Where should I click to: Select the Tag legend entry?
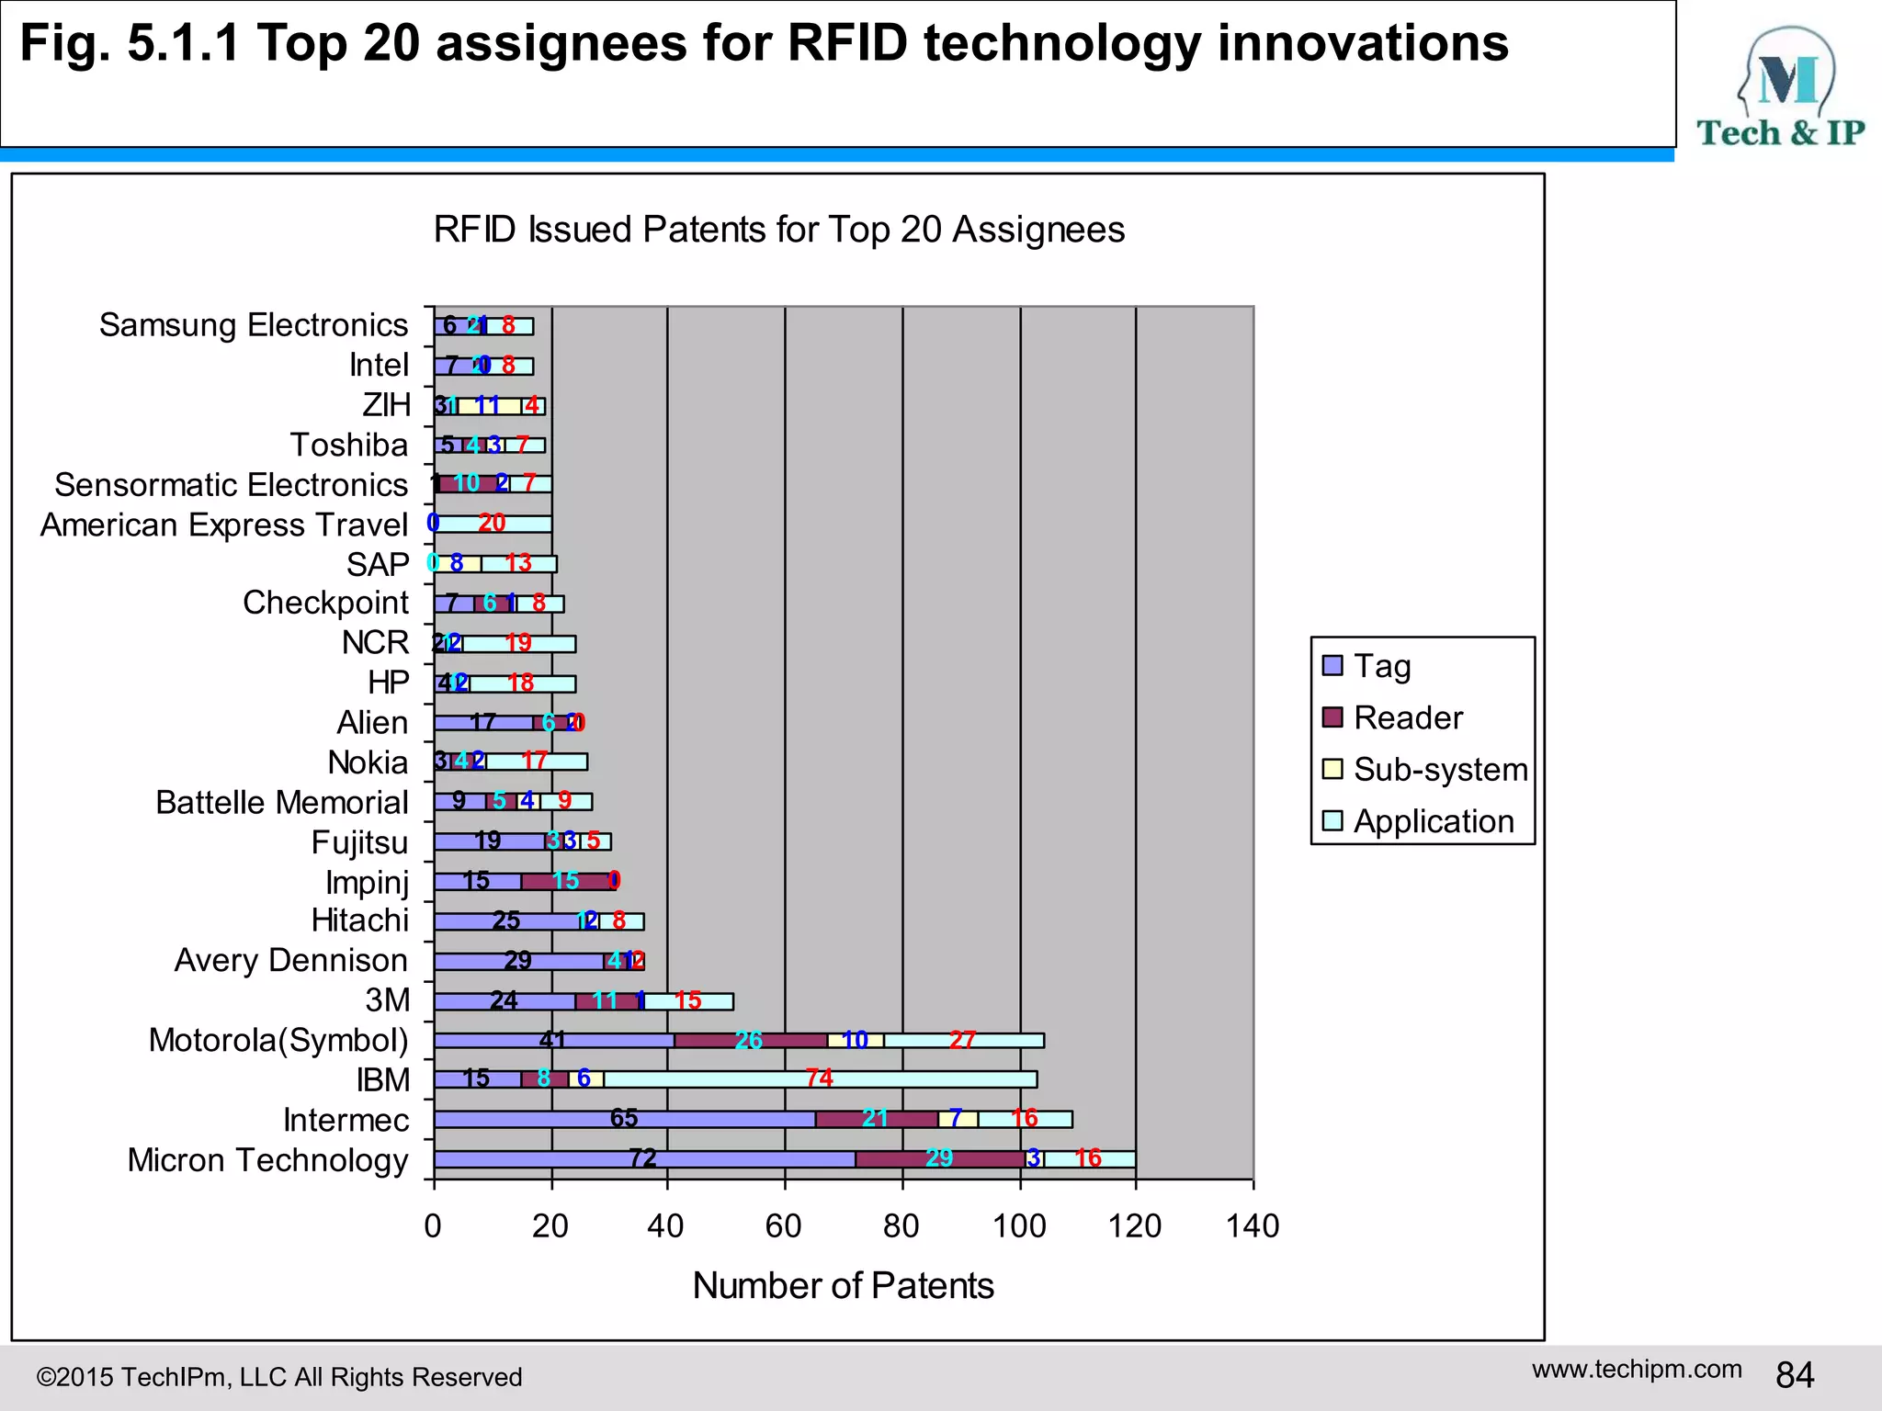click(x=1381, y=665)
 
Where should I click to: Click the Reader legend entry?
click(x=1407, y=717)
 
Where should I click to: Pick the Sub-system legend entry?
click(x=1439, y=769)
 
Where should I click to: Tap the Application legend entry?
click(x=1433, y=821)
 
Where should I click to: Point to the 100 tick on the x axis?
click(x=1019, y=1226)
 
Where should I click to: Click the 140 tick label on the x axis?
click(x=1253, y=1226)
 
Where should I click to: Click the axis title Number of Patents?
click(x=843, y=1285)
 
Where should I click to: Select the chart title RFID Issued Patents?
click(x=778, y=230)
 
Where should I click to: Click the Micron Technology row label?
click(x=267, y=1160)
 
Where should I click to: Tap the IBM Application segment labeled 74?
click(x=820, y=1079)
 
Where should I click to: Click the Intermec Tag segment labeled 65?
click(x=624, y=1119)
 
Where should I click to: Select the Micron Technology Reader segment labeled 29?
click(x=939, y=1158)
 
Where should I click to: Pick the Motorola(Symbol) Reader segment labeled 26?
click(x=750, y=1040)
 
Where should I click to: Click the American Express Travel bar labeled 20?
click(x=493, y=524)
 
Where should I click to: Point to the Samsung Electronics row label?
click(x=253, y=325)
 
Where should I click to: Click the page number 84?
click(x=1794, y=1375)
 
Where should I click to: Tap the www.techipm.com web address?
click(x=1636, y=1369)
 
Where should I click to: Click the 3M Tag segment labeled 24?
click(x=504, y=1000)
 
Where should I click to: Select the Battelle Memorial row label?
click(x=281, y=802)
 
